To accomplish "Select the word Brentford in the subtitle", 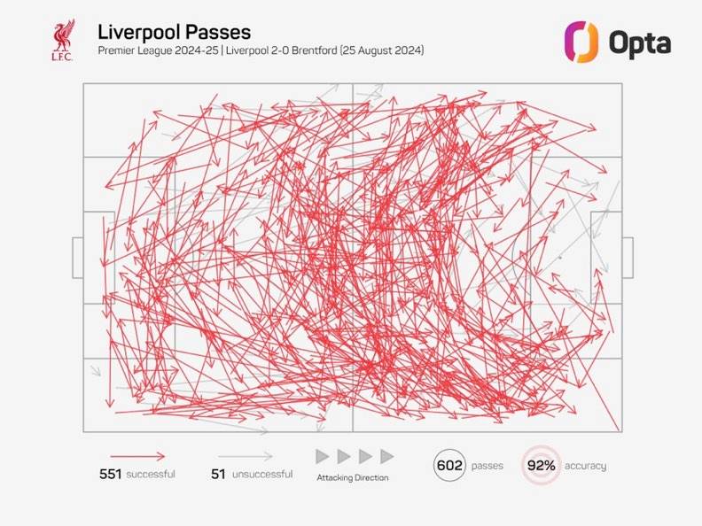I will pos(320,51).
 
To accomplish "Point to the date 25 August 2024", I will pos(386,51).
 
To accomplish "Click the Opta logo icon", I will pos(582,41).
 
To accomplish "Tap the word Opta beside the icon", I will pos(640,42).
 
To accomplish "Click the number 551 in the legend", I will pos(110,475).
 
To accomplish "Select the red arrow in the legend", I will pos(137,456).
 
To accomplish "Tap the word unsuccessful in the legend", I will pos(262,475).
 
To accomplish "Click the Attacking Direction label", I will pos(352,477).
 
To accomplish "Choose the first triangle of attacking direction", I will pos(323,456).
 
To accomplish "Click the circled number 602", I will pos(450,465).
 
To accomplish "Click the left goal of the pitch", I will pos(78,258).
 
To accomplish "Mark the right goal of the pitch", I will pos(628,258).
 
